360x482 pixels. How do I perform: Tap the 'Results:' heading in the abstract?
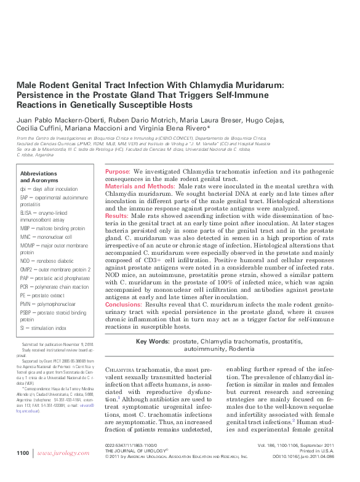(x=117, y=217)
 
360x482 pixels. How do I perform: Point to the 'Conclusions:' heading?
(x=124, y=305)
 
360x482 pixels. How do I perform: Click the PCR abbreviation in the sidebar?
(x=26, y=287)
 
